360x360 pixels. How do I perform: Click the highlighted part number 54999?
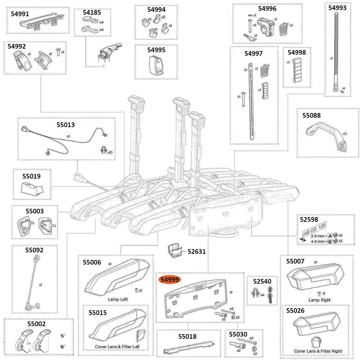(170, 280)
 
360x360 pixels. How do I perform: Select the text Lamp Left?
(118, 299)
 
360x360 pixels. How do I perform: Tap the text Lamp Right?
(319, 300)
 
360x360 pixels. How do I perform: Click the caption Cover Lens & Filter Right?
(318, 351)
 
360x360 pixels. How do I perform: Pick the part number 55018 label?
(187, 336)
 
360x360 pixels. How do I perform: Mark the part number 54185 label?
(92, 13)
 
